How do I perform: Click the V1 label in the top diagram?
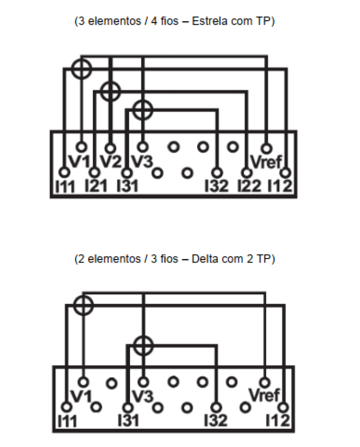(x=80, y=162)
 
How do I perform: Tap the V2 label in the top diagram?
(x=111, y=162)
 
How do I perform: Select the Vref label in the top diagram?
(x=266, y=162)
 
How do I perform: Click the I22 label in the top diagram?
(x=250, y=186)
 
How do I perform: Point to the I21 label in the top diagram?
(x=96, y=186)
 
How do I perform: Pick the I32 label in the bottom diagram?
(x=216, y=420)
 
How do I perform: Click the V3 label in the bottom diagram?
(x=143, y=396)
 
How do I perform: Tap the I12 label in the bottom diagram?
(x=278, y=420)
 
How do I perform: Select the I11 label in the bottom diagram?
(x=68, y=421)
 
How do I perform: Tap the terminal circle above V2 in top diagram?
(x=110, y=148)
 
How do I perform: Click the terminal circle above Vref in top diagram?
(x=266, y=148)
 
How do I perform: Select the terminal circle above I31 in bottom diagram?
(x=128, y=408)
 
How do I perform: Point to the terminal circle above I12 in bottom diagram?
(x=283, y=407)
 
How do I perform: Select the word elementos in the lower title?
(x=114, y=259)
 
